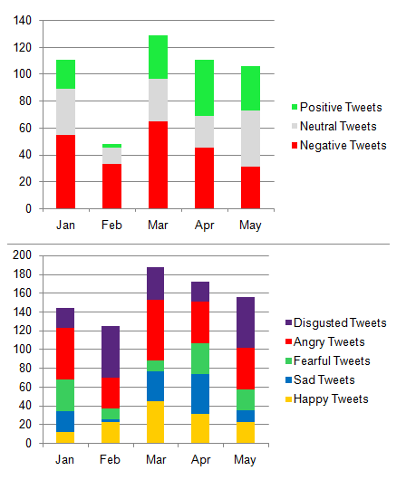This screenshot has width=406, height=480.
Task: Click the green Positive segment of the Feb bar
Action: pos(111,146)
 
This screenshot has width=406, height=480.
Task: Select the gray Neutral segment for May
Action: pos(250,139)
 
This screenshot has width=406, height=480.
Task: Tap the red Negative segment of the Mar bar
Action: pos(158,165)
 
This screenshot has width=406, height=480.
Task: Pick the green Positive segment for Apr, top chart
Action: pos(205,88)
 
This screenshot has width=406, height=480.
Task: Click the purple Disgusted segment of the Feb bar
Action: pos(111,351)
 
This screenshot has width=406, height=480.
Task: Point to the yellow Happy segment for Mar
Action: pos(156,422)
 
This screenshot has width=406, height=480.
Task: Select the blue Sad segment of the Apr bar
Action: pos(200,394)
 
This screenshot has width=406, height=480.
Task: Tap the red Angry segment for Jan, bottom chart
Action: pos(65,353)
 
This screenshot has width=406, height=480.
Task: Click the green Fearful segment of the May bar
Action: pos(246,399)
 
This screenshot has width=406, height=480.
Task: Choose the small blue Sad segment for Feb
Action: pos(111,420)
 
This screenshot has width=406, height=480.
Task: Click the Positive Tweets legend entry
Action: pos(337,107)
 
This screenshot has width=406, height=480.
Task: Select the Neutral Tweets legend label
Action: pos(338,126)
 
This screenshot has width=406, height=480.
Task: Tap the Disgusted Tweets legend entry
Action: pos(336,323)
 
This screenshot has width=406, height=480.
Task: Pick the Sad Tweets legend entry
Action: pos(320,379)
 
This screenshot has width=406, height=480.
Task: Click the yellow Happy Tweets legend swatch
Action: pos(288,399)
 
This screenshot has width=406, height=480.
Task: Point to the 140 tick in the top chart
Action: pos(23,21)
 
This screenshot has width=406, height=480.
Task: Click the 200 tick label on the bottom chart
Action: pos(22,255)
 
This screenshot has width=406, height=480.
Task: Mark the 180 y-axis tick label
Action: pos(22,274)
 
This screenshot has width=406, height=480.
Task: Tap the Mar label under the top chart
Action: pos(158,225)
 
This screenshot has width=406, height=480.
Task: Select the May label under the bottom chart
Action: pos(245,460)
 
